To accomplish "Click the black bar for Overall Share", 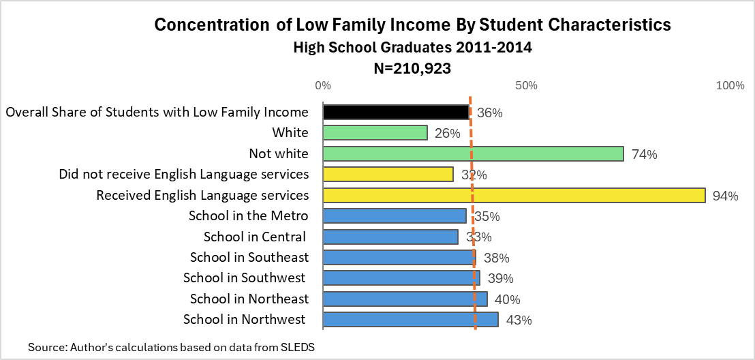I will pyautogui.click(x=396, y=112).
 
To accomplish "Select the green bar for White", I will pyautogui.click(x=375, y=132).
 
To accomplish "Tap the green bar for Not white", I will pyautogui.click(x=473, y=153).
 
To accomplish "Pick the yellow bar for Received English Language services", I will pyautogui.click(x=514, y=195).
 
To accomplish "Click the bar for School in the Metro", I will pyautogui.click(x=395, y=216).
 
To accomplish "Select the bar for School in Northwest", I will pyautogui.click(x=410, y=319).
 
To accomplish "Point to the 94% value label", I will pyautogui.click(x=725, y=196).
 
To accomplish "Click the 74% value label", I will pyautogui.click(x=644, y=155).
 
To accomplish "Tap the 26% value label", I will pyautogui.click(x=448, y=134).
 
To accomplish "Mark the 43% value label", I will pyautogui.click(x=519, y=320).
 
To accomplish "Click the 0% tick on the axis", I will pyautogui.click(x=323, y=86).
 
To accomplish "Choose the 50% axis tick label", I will pyautogui.click(x=527, y=86).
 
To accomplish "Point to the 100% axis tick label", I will pyautogui.click(x=730, y=86).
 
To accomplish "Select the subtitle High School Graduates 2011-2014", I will pyautogui.click(x=412, y=48).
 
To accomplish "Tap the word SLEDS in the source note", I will pyautogui.click(x=298, y=347).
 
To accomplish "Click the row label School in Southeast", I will pyautogui.click(x=249, y=257).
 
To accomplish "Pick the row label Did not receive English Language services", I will pyautogui.click(x=184, y=175).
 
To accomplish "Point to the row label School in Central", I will pyautogui.click(x=255, y=237).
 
